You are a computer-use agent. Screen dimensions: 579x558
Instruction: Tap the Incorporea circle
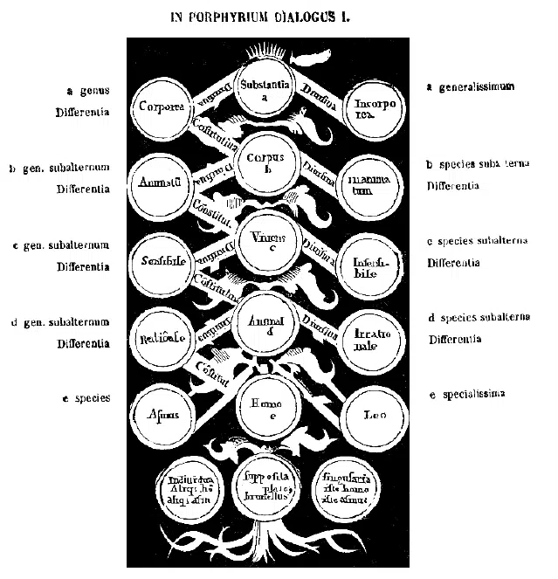click(372, 107)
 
